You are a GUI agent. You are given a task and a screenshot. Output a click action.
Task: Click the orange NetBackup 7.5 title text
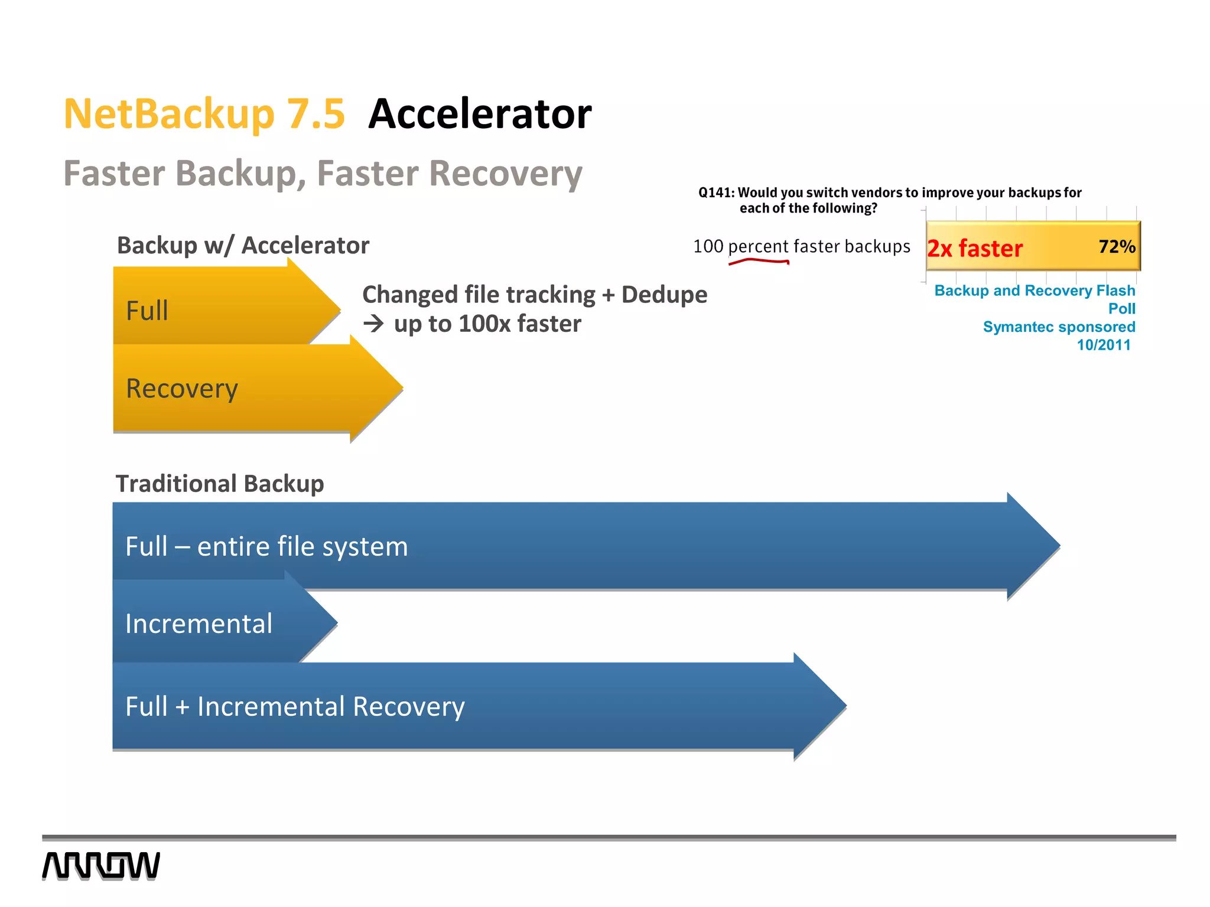[x=204, y=114]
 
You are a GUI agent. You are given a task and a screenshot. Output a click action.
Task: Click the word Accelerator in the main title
[x=479, y=114]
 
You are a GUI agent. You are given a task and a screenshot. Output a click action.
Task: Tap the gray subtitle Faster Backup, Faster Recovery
[x=323, y=174]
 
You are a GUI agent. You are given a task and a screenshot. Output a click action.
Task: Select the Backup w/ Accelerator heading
[x=243, y=246]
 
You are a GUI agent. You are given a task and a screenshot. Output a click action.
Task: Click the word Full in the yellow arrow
[x=147, y=311]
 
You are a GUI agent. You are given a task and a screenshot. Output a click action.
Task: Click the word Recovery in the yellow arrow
[x=182, y=389]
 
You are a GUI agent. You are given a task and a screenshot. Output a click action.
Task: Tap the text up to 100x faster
[x=487, y=324]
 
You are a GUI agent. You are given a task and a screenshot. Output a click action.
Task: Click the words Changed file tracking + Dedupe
[x=534, y=295]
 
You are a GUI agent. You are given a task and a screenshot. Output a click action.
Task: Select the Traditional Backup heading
[x=220, y=484]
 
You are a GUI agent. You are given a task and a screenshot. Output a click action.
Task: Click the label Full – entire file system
[x=266, y=546]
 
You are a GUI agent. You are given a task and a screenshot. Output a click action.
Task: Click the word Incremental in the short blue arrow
[x=199, y=624]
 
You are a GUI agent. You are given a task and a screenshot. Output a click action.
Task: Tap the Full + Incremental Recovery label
[x=295, y=706]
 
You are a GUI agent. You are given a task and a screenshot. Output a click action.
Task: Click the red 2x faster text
[x=974, y=249]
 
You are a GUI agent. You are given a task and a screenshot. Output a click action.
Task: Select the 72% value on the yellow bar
[x=1116, y=246]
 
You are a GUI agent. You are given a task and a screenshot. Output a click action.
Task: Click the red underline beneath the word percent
[x=759, y=261]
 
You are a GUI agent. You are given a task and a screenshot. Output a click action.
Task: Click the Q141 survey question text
[x=889, y=200]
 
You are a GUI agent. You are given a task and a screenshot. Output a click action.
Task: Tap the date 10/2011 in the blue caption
[x=1103, y=345]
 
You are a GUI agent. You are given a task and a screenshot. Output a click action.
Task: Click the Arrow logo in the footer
[x=101, y=866]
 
